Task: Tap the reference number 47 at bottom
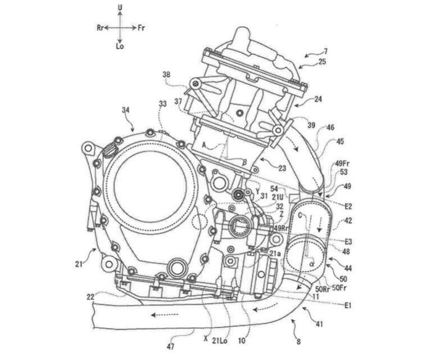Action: [171, 347]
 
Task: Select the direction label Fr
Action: [141, 28]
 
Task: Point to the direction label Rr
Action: [100, 28]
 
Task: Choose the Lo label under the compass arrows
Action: [120, 46]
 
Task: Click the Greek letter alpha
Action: [312, 264]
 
